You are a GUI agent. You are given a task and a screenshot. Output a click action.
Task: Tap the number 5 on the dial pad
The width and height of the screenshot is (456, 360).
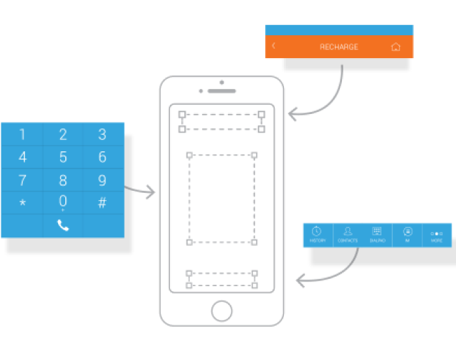pyautogui.click(x=63, y=157)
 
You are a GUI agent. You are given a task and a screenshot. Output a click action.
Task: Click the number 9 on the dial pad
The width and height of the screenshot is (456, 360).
pyautogui.click(x=103, y=180)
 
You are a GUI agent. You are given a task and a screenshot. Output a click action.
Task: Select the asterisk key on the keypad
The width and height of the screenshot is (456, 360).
pyautogui.click(x=22, y=203)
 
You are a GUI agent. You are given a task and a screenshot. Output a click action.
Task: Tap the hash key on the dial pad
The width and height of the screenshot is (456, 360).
pyautogui.click(x=103, y=203)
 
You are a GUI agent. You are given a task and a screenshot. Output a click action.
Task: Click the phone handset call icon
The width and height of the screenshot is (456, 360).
pyautogui.click(x=63, y=225)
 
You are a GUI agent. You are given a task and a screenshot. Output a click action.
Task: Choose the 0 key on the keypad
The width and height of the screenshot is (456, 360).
pyautogui.click(x=63, y=201)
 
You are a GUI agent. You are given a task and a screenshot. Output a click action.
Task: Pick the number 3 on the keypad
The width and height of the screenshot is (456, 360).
pyautogui.click(x=103, y=134)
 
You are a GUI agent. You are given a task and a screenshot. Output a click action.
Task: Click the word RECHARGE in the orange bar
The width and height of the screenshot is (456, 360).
pyautogui.click(x=339, y=47)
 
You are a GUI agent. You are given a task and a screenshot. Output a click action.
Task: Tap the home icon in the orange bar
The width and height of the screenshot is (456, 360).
pyautogui.click(x=396, y=47)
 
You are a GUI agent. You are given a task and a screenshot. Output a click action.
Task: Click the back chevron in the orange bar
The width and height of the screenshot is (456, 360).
pyautogui.click(x=273, y=46)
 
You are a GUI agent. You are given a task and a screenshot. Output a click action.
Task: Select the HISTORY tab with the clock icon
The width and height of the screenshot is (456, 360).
pyautogui.click(x=318, y=235)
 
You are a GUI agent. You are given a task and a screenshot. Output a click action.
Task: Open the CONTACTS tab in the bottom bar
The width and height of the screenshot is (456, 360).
pyautogui.click(x=348, y=235)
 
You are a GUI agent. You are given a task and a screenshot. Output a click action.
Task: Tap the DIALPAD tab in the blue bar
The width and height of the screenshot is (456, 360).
pyautogui.click(x=377, y=235)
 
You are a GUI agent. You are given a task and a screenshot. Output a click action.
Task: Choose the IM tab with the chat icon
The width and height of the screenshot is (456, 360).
pyautogui.click(x=407, y=235)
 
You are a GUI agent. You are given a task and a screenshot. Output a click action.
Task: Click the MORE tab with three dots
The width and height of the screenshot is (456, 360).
pyautogui.click(x=437, y=235)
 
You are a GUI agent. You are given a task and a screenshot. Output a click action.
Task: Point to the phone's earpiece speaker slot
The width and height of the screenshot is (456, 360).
pyautogui.click(x=222, y=91)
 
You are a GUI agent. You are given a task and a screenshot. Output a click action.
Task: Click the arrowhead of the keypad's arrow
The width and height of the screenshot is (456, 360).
pyautogui.click(x=151, y=191)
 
